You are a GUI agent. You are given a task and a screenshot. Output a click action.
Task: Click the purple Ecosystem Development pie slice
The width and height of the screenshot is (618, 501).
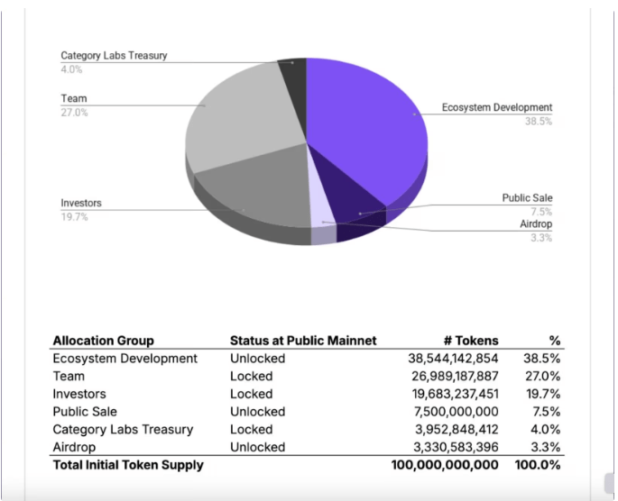click(x=365, y=126)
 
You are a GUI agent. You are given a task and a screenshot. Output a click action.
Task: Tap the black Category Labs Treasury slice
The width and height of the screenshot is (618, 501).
click(x=293, y=72)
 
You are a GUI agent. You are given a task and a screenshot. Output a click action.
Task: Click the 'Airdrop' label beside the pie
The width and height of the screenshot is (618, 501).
click(x=536, y=223)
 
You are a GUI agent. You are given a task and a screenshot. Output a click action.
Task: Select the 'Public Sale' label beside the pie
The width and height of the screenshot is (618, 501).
click(x=527, y=197)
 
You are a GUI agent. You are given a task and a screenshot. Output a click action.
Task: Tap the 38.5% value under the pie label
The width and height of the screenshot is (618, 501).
click(x=539, y=122)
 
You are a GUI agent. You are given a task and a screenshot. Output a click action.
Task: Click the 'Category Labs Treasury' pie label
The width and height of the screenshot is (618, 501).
click(x=114, y=56)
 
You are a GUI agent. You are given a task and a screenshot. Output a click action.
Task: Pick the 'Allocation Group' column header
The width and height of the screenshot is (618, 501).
click(x=103, y=341)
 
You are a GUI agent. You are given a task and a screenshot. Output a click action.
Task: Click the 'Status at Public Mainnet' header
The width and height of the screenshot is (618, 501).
click(x=303, y=341)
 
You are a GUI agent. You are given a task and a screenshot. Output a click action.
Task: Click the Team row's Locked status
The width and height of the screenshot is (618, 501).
click(x=251, y=376)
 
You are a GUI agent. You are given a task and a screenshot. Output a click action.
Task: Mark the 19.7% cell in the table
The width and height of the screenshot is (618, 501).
click(x=543, y=394)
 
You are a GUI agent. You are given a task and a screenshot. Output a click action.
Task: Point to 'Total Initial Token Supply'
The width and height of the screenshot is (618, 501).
click(x=128, y=465)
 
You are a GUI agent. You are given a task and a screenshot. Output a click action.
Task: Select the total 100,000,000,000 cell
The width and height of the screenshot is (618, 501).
click(x=445, y=465)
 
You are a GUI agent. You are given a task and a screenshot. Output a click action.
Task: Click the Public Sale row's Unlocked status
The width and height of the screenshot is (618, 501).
click(x=257, y=412)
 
